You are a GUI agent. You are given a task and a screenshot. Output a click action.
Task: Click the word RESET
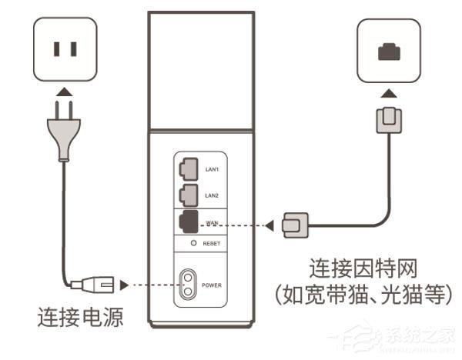(x=213, y=243)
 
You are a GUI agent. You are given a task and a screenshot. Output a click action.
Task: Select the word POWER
(x=213, y=285)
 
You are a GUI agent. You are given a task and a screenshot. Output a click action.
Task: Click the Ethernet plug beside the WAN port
(x=296, y=225)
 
